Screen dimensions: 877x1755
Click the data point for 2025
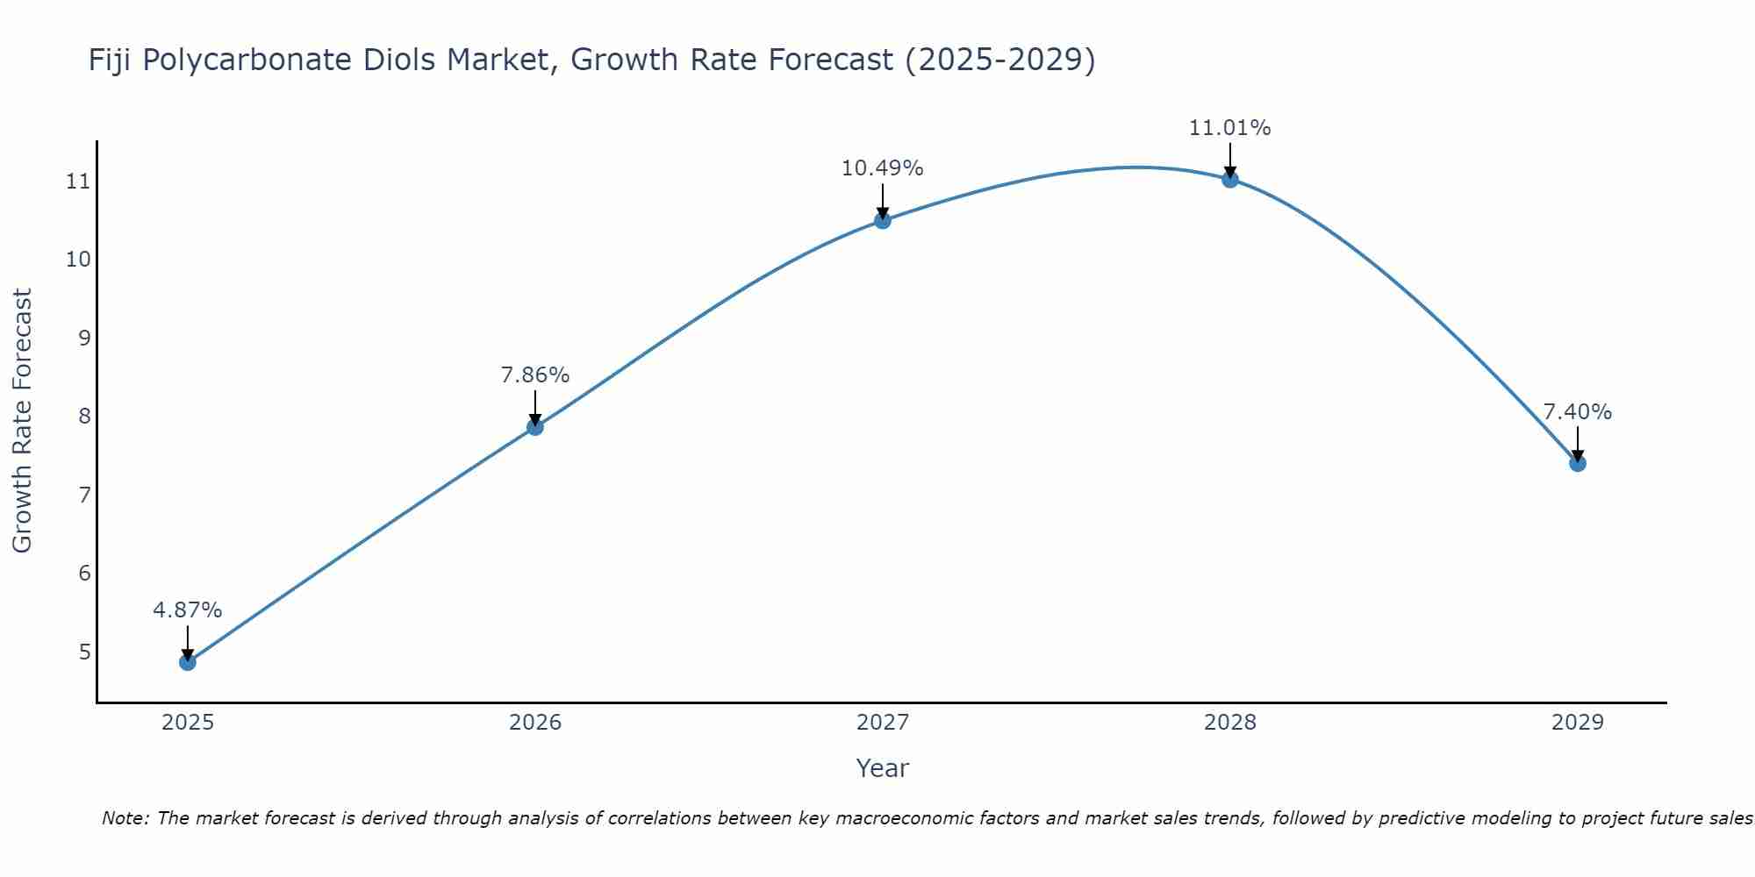click(x=187, y=662)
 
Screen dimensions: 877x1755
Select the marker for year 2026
click(x=534, y=427)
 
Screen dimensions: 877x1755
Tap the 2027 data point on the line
click(x=882, y=220)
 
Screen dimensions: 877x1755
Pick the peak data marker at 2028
click(x=1229, y=180)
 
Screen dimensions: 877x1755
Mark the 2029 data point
click(x=1577, y=463)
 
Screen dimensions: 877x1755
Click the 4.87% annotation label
click(x=187, y=610)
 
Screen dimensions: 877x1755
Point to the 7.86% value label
click(x=534, y=375)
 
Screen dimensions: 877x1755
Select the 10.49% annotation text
click(x=882, y=168)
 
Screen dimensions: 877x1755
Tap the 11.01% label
click(x=1229, y=128)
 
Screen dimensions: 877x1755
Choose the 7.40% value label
click(x=1577, y=412)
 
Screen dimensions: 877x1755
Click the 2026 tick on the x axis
click(x=535, y=723)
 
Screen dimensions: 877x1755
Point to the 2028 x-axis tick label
click(x=1229, y=723)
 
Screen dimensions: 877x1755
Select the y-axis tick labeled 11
click(x=78, y=182)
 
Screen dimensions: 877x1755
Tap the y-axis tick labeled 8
click(x=84, y=417)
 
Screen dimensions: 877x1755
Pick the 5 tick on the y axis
click(x=84, y=652)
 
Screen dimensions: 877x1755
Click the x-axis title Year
click(x=882, y=768)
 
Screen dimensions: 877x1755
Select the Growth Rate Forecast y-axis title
click(x=22, y=420)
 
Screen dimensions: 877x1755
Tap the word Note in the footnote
click(x=125, y=818)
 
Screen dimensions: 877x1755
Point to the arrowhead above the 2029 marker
click(x=1577, y=456)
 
